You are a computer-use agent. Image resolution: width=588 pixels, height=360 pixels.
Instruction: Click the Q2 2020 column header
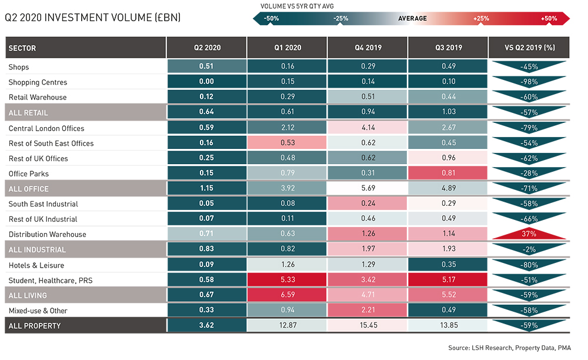(x=206, y=48)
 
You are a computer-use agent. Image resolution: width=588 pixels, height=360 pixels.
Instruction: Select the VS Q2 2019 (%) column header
(x=529, y=48)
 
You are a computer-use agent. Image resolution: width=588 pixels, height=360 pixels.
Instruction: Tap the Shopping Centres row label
(x=38, y=82)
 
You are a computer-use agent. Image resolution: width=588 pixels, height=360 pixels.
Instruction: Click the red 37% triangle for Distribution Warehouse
(x=529, y=234)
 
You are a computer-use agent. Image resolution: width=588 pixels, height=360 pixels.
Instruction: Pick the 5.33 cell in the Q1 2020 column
(x=288, y=280)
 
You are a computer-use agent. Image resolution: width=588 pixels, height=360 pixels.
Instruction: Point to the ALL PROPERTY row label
(x=35, y=325)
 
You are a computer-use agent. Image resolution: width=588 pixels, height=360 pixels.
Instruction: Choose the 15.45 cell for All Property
(x=367, y=325)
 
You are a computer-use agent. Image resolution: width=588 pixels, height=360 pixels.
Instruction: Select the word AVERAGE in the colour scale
(x=412, y=19)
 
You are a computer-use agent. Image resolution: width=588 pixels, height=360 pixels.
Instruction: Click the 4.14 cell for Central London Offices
(x=367, y=128)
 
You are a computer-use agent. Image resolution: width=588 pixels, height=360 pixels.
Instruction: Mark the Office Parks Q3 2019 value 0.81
(x=448, y=174)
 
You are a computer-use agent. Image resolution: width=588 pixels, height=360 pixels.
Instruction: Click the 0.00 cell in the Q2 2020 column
(x=206, y=82)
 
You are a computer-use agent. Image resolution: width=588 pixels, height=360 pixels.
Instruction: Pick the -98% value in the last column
(x=529, y=82)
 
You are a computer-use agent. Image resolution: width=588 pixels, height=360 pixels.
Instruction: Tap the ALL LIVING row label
(x=28, y=295)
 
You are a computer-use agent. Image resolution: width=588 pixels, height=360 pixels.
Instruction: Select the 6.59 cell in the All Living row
(x=288, y=295)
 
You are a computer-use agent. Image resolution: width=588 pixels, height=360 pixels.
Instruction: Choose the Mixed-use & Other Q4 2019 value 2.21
(x=367, y=311)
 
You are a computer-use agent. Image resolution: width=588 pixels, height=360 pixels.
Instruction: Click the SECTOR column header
(x=23, y=48)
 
